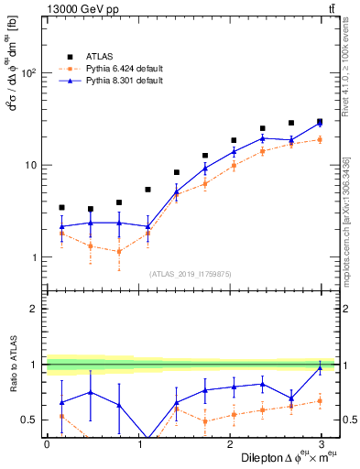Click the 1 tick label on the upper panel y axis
(x=34, y=257)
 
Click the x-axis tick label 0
(x=47, y=443)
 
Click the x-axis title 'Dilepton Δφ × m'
(x=276, y=456)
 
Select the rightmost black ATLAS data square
(x=320, y=121)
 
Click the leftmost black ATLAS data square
(x=61, y=208)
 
